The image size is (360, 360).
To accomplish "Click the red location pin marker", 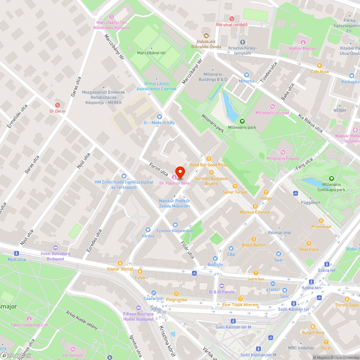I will pyautogui.click(x=180, y=172).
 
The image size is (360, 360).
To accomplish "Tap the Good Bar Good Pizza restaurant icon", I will pyautogui.click(x=208, y=159).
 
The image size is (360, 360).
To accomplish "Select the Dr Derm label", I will pyautogui.click(x=58, y=111).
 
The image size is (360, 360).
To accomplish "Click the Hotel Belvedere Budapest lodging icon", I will pyautogui.click(x=55, y=247).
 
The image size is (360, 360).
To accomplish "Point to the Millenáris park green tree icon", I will pyautogui.click(x=242, y=121).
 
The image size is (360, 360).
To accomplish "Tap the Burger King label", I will pyautogui.click(x=313, y=333).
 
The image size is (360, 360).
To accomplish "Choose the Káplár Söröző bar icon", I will pyautogui.click(x=120, y=263).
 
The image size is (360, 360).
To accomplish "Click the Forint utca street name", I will pyautogui.click(x=159, y=169).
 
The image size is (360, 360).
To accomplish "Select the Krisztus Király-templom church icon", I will pyautogui.click(x=242, y=42).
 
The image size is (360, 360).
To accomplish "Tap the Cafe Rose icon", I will pyautogui.click(x=319, y=66).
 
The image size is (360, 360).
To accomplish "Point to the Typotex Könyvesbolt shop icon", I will pyautogui.click(x=175, y=225).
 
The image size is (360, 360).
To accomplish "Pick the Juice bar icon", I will pyautogui.click(x=256, y=273).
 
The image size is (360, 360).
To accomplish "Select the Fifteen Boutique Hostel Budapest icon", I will pyautogui.click(x=139, y=308).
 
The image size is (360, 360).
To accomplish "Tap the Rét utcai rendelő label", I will pyautogui.click(x=232, y=25).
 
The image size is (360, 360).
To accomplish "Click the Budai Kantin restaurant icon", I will pyautogui.click(x=254, y=239).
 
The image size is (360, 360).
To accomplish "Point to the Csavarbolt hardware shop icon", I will pyautogui.click(x=154, y=293).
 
